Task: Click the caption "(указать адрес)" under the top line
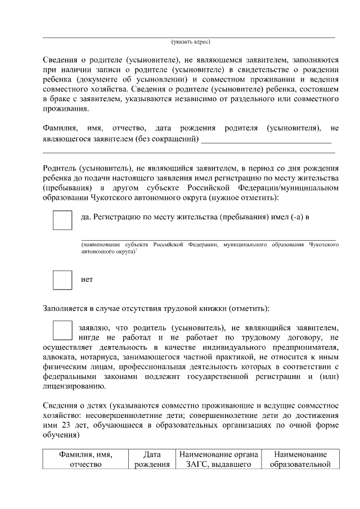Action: point(191,42)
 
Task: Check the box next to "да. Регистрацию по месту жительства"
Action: point(62,220)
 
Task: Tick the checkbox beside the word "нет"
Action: point(62,280)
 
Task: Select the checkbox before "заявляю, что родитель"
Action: point(62,330)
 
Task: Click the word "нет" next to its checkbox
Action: point(87,280)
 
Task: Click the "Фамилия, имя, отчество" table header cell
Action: point(85,459)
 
